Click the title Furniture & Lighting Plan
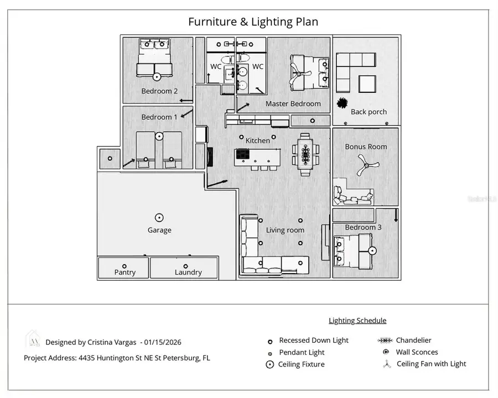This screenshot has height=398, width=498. pos(253,22)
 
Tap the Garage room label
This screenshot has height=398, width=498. pos(159,230)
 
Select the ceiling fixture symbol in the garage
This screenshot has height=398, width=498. pos(159,217)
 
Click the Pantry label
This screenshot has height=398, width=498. pos(124,272)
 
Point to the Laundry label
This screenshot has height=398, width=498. pos(188,272)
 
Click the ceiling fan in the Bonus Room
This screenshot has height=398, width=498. pos(365,164)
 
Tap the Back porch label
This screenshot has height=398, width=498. pos(369,112)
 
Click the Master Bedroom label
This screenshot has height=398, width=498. pos(293,103)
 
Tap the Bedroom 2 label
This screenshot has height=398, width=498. pos(159,91)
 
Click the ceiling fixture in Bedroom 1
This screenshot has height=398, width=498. pos(159,135)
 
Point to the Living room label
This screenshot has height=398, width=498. pos(285,230)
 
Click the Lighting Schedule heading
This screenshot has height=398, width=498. pos(357,321)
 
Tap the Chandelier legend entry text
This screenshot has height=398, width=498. pos(413,341)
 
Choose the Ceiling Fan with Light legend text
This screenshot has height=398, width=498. pos(431,364)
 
